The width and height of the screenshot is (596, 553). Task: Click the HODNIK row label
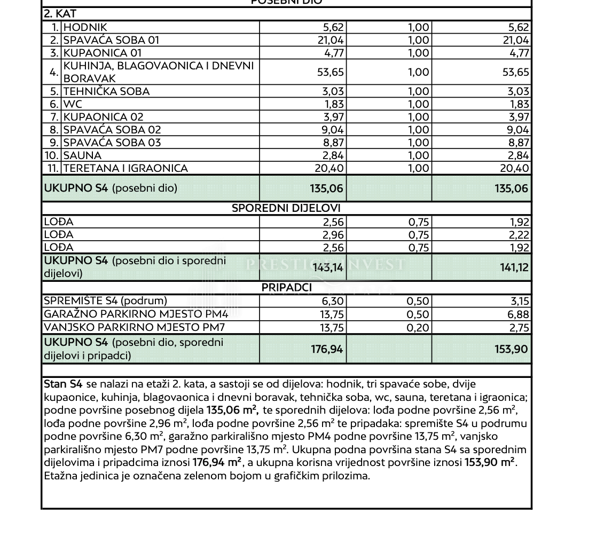(85, 27)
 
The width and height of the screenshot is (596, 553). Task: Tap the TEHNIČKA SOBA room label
(106, 91)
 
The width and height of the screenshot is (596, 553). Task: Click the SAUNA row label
(82, 155)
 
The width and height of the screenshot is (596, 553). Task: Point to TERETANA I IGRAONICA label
(126, 168)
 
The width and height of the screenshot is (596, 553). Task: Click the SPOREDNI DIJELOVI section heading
(286, 208)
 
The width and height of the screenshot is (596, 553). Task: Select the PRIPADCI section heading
(286, 288)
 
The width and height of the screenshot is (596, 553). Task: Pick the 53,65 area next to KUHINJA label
(330, 72)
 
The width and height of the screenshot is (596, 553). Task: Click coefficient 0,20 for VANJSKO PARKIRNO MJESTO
(419, 328)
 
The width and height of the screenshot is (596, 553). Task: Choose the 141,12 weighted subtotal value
(514, 267)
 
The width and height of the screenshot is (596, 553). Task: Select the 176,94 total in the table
(327, 349)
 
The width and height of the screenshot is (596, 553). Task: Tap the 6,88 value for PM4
(518, 315)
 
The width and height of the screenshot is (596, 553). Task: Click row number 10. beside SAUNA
(51, 155)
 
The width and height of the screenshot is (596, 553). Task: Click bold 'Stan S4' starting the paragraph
(63, 384)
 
